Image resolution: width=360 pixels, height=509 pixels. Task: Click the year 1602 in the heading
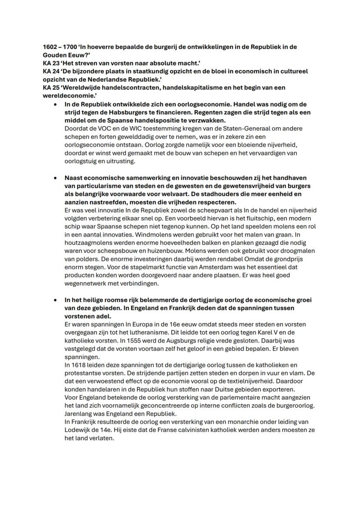[x=50, y=47]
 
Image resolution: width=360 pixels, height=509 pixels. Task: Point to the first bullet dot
[x=55, y=104]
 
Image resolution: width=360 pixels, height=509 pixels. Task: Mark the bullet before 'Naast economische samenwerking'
[x=55, y=178]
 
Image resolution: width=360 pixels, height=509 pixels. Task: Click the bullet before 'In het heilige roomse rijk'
[x=55, y=300]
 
